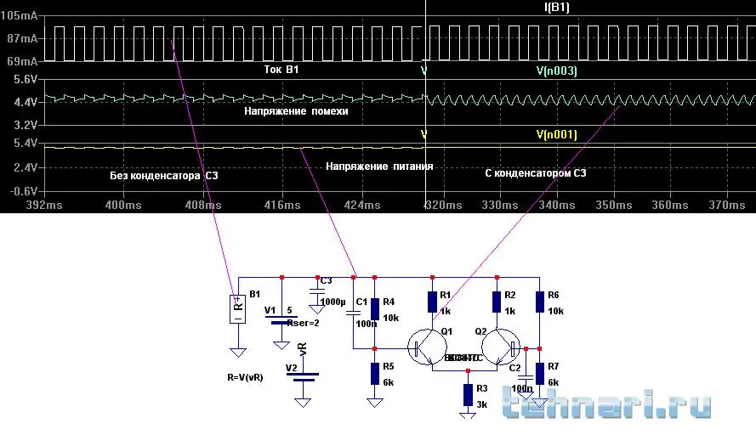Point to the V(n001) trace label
(x=557, y=134)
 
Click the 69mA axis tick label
(x=21, y=62)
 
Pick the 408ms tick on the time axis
(x=203, y=205)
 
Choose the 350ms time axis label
(x=612, y=205)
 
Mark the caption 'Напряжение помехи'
(x=296, y=110)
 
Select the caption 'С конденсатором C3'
(x=535, y=173)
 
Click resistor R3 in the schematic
(x=467, y=394)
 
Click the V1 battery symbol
(x=280, y=320)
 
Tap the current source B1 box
(x=238, y=308)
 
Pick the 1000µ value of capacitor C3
(x=333, y=302)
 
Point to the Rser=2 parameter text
(x=304, y=322)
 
